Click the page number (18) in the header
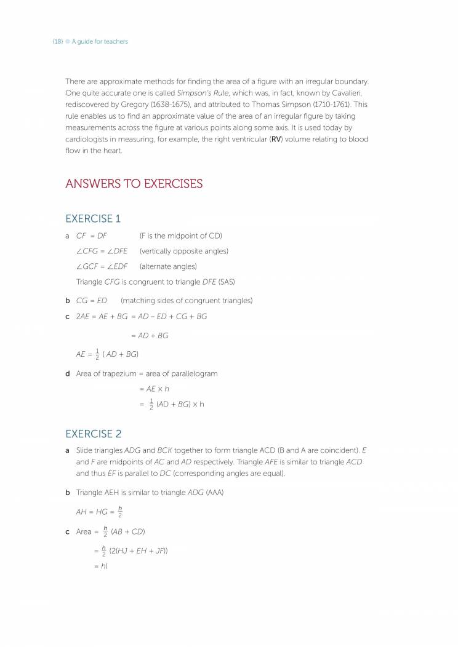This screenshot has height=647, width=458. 57,42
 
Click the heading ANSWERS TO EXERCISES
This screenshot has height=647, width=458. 134,184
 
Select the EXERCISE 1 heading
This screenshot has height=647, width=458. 93,218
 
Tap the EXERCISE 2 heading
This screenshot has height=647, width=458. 93,434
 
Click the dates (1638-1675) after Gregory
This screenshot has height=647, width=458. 172,105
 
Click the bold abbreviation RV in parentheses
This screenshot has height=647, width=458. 275,140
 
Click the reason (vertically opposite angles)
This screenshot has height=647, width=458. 183,251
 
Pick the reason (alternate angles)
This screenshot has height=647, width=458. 168,266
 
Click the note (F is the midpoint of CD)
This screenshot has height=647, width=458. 180,236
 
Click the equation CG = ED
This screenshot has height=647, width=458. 91,301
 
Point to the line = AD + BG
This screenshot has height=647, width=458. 150,336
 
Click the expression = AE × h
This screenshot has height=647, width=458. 154,389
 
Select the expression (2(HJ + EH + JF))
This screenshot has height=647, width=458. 139,550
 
